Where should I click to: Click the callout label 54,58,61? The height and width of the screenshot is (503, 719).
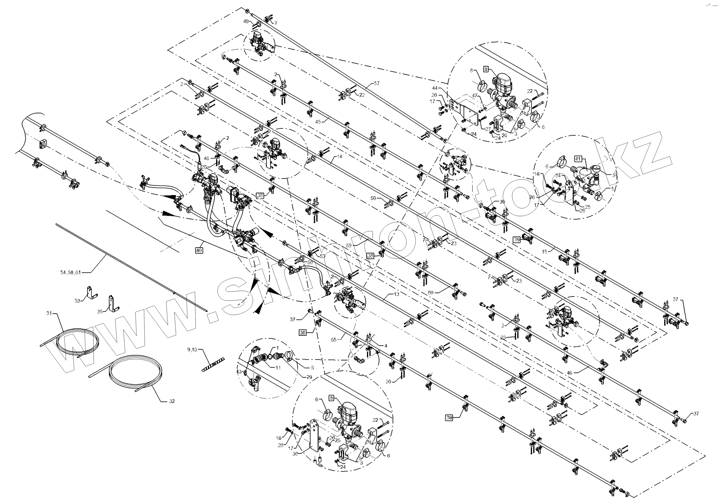tap(70, 272)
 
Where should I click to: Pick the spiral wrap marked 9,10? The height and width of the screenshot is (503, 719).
tap(213, 363)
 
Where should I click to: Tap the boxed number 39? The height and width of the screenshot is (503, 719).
tap(517, 239)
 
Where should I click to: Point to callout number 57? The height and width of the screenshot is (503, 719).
tap(377, 83)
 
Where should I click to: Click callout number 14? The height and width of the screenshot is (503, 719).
tap(340, 156)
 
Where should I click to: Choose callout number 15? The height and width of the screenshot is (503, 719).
tap(545, 251)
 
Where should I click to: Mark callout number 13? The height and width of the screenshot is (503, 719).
tap(396, 294)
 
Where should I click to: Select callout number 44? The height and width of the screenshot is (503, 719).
tap(434, 88)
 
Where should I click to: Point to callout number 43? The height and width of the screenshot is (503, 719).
tap(239, 372)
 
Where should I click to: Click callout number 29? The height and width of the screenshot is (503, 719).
tap(309, 377)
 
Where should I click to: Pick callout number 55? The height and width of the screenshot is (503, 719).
tap(334, 339)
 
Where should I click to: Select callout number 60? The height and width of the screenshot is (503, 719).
tap(431, 293)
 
